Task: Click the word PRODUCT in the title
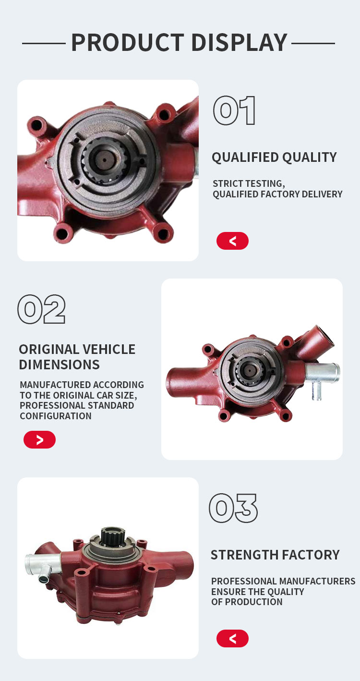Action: click(x=128, y=43)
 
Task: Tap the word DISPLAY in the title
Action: click(x=240, y=43)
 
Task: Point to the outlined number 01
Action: click(x=234, y=110)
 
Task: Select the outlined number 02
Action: click(x=42, y=309)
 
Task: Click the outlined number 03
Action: click(x=233, y=508)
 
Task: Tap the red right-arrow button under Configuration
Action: click(x=39, y=439)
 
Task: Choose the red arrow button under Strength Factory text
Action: click(x=232, y=638)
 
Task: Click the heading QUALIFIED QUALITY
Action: click(x=274, y=158)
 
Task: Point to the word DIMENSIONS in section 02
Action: click(x=59, y=365)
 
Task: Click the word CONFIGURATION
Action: click(x=56, y=416)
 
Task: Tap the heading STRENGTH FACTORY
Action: click(x=275, y=555)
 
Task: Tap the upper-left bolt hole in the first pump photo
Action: click(x=37, y=125)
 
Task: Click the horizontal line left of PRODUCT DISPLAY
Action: click(x=44, y=44)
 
